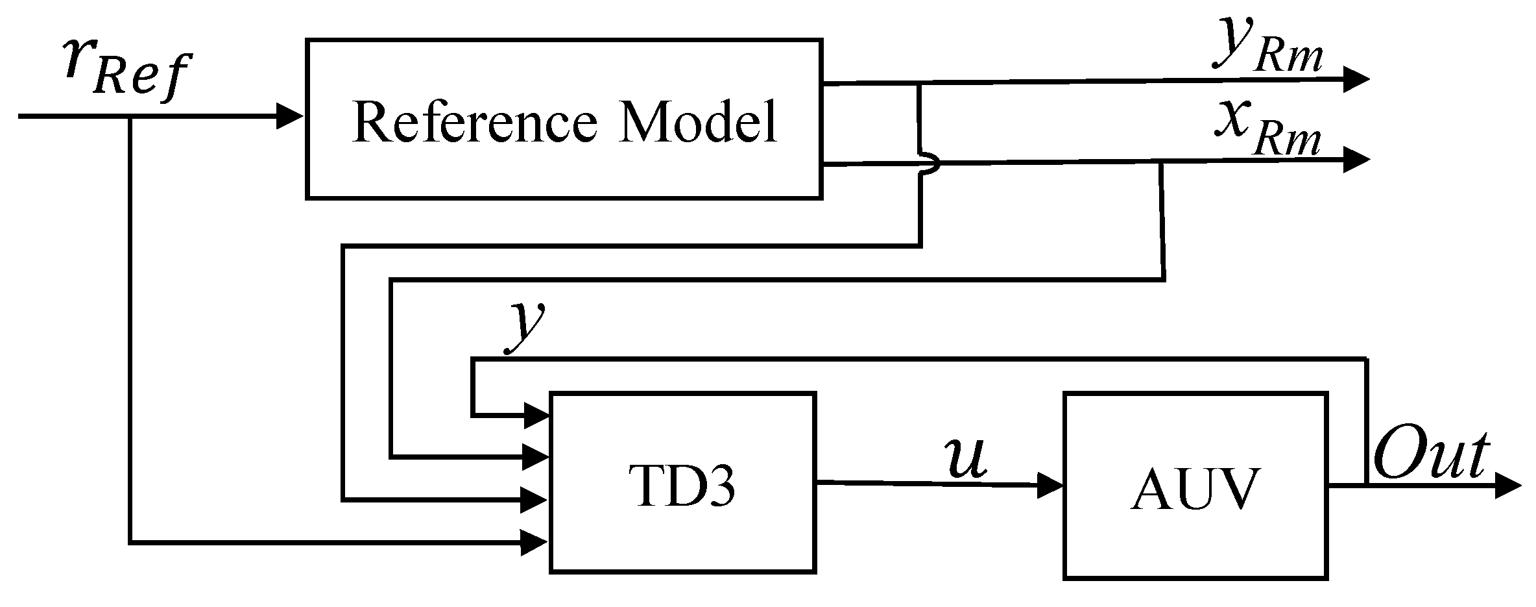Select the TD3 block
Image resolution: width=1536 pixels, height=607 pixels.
point(682,482)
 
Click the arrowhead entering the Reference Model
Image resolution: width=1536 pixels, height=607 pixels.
point(290,116)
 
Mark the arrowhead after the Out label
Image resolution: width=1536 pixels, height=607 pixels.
point(1506,485)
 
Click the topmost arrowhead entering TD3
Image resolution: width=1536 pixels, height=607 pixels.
point(536,414)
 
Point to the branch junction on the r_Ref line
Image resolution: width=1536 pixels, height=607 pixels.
point(130,116)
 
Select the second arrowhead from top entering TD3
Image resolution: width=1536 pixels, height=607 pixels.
point(536,457)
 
